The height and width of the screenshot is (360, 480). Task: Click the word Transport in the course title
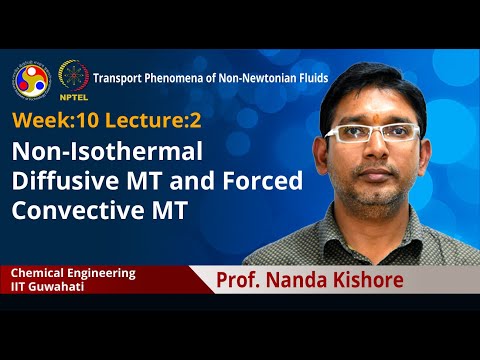(x=119, y=77)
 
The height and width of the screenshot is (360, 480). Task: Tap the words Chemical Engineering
(x=73, y=272)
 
